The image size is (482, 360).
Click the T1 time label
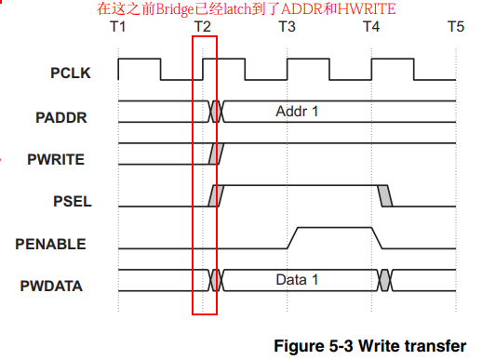tap(117, 27)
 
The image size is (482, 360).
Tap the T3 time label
tap(287, 27)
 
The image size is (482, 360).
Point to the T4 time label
tap(370, 27)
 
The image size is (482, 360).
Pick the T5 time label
tap(455, 27)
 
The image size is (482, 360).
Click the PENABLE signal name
tap(53, 244)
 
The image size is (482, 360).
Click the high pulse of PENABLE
tap(335, 228)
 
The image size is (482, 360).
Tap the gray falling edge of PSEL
tap(385, 195)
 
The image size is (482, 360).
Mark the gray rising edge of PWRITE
tap(216, 153)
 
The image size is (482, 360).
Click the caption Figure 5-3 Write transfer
tap(369, 345)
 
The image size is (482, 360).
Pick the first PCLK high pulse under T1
tap(139, 60)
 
